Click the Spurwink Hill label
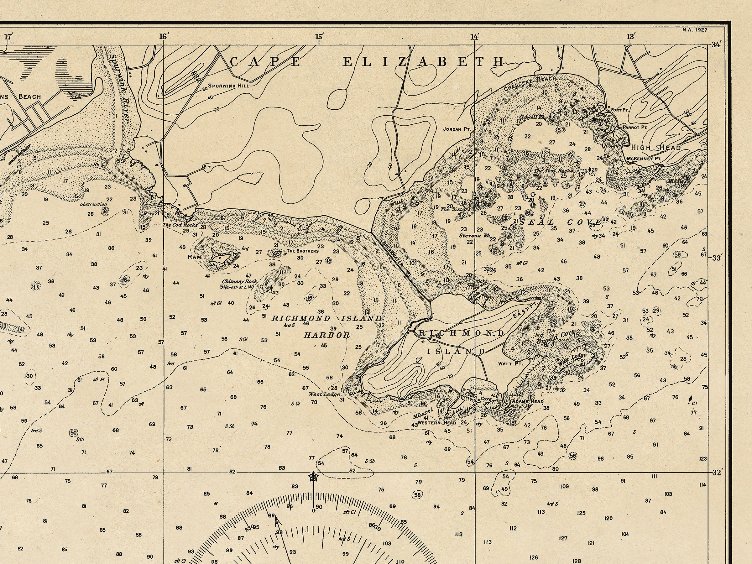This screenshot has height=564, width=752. click(228, 86)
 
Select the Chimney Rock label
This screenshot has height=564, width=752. click(240, 281)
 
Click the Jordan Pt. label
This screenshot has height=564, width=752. click(456, 129)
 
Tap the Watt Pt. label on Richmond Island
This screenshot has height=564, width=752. click(510, 363)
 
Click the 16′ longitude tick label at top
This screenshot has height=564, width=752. click(164, 36)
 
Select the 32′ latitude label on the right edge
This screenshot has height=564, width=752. click(718, 472)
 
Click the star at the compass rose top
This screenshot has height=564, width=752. click(312, 477)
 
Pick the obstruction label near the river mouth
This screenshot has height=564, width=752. click(93, 204)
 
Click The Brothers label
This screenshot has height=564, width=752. click(303, 251)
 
